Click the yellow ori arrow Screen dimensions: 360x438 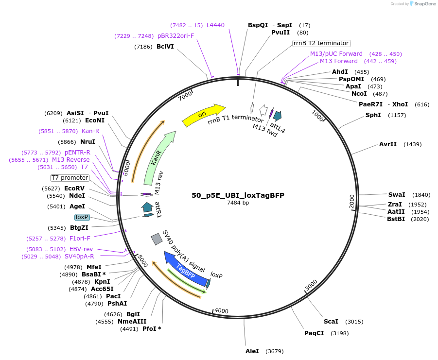(x=203, y=115)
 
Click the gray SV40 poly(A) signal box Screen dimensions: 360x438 (x=157, y=239)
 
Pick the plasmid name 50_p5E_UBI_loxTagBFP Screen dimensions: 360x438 (x=238, y=195)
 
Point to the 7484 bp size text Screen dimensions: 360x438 (x=238, y=203)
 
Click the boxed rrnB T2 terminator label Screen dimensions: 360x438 (x=321, y=43)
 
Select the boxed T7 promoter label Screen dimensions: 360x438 (x=70, y=178)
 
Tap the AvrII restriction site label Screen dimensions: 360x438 (x=388, y=144)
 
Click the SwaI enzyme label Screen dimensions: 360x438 (x=396, y=194)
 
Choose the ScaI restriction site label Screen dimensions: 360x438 (x=331, y=322)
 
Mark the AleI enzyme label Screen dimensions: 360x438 (x=252, y=351)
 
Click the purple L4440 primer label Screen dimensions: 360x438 (x=215, y=25)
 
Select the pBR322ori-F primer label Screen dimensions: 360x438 (x=175, y=36)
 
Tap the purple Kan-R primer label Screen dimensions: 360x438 (x=90, y=131)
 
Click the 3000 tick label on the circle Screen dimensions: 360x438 (x=311, y=285)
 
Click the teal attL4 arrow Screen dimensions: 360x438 (x=278, y=115)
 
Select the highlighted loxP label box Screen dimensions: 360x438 (x=82, y=217)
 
